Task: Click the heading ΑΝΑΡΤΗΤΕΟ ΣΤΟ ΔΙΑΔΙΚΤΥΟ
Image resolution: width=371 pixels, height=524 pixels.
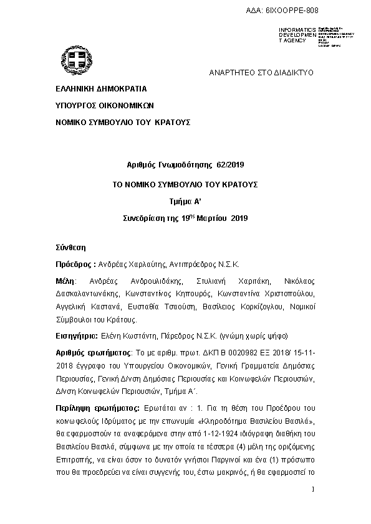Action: [261, 73]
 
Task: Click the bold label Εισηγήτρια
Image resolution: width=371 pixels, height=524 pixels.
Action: [76, 336]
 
